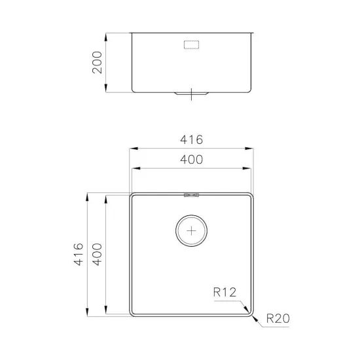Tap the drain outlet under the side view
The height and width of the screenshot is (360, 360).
click(191, 94)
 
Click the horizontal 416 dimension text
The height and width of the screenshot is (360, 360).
click(191, 140)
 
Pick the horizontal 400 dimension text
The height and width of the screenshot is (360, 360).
click(191, 160)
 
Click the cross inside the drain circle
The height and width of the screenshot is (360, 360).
click(191, 231)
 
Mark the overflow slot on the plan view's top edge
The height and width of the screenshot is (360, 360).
click(191, 194)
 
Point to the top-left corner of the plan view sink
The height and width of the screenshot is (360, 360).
click(131, 194)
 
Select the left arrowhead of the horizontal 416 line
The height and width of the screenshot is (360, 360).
click(130, 150)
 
